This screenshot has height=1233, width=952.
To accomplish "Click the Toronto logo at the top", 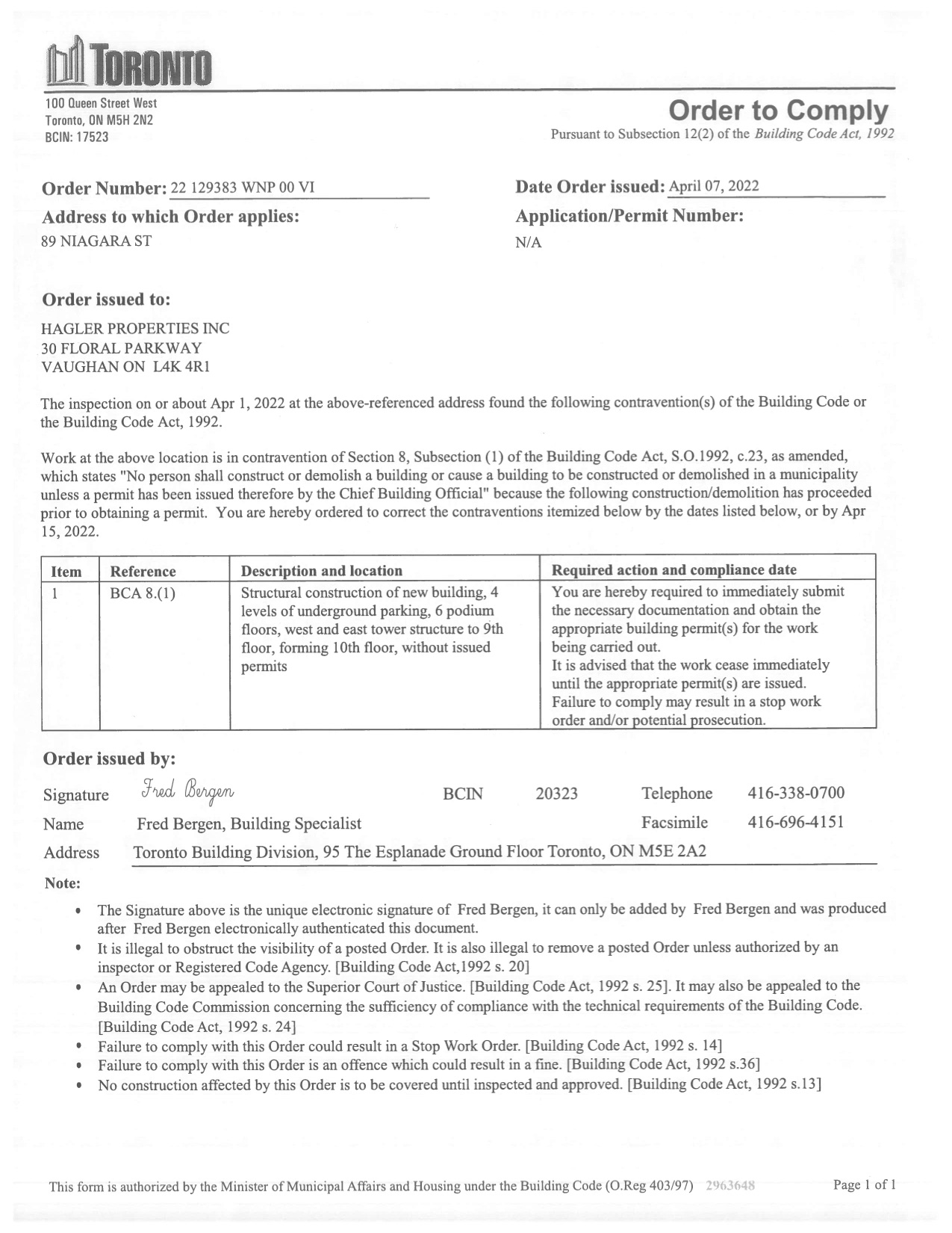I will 128,64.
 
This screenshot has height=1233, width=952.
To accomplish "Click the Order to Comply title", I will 778,111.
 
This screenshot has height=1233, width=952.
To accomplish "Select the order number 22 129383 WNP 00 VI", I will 243,188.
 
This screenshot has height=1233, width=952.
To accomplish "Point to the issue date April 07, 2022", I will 714,186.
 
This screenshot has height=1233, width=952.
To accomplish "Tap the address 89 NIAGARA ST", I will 96,241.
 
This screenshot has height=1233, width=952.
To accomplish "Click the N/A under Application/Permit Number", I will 528,242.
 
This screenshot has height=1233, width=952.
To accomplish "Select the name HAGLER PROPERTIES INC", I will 135,329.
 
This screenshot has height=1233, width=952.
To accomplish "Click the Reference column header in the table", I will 143,572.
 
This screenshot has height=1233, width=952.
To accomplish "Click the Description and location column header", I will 321,571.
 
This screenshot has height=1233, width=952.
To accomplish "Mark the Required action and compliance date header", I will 673,570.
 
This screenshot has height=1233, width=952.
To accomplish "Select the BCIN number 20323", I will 556,794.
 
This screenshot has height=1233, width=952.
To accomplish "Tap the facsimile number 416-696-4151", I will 796,822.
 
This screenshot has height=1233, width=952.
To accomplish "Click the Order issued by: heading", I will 109,758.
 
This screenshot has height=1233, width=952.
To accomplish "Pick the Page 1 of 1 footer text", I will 864,1184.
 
